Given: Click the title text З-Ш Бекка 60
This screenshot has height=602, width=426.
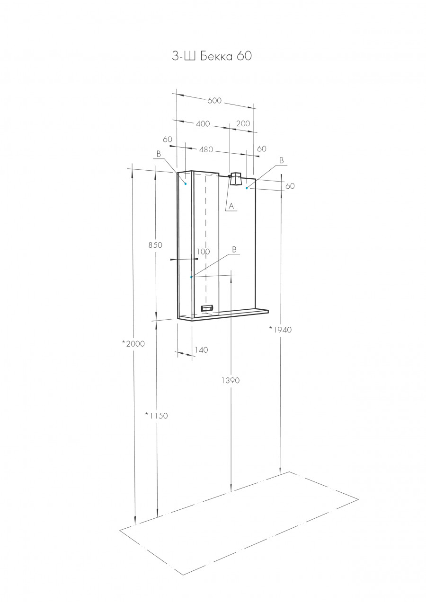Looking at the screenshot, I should tap(212, 56).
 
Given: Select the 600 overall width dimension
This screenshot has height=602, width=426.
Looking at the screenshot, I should tap(214, 100).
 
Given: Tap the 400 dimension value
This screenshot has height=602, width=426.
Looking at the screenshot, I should tap(203, 124).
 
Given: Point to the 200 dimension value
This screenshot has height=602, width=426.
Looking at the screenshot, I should tap(243, 123).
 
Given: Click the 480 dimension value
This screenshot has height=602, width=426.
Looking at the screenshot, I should tap(207, 150).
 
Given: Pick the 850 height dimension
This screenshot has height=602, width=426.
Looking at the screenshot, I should tap(155, 245).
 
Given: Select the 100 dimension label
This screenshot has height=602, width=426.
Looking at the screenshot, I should tap(203, 252).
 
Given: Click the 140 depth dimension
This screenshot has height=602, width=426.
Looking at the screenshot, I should tap(201, 350).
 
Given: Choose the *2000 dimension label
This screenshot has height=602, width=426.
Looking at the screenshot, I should tap(133, 344).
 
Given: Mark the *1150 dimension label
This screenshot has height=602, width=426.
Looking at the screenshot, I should tap(156, 416).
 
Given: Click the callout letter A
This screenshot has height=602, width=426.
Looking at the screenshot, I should tap(231, 206).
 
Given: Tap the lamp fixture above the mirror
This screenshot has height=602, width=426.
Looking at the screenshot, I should tap(235, 180).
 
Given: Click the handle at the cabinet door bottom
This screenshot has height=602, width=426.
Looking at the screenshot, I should tap(208, 308).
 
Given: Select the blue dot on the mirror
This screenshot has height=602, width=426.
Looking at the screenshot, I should tap(247, 188).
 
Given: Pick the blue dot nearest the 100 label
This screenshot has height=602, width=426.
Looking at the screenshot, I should tap(191, 277).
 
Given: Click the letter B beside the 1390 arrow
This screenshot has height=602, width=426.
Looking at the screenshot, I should tap(234, 249).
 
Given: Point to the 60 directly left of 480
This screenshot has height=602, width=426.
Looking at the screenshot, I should tap(167, 140).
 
